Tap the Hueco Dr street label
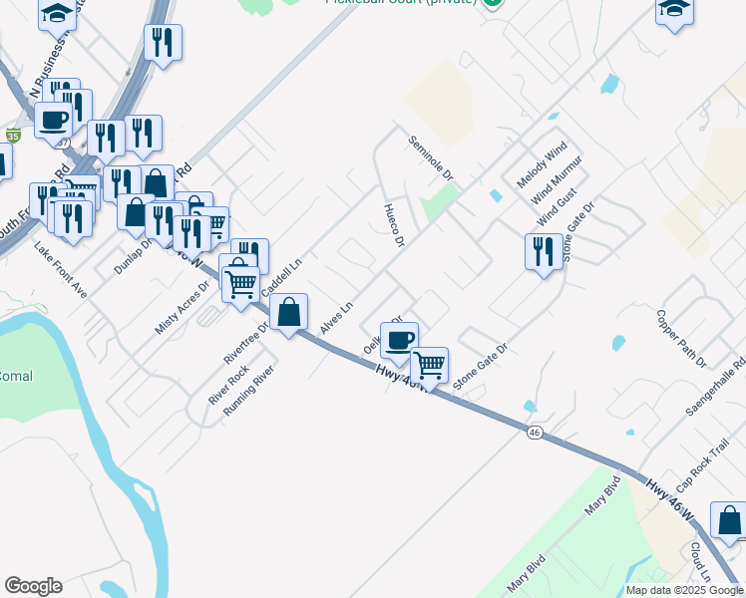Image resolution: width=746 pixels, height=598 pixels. tap(394, 226)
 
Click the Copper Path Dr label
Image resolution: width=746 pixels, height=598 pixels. tap(681, 337)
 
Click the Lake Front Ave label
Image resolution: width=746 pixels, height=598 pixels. tap(61, 268)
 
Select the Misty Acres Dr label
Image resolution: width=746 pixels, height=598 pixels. tap(182, 305)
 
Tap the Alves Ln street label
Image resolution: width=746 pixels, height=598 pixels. tap(337, 318)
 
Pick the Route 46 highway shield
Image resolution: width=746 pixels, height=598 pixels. tap(536, 432)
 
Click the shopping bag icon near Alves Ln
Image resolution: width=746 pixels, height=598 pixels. tap(288, 313)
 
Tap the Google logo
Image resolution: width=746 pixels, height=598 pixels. tap(33, 586)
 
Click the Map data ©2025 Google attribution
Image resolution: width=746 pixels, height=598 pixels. tap(684, 590)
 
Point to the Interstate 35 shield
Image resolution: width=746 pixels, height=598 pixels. tap(12, 135)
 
